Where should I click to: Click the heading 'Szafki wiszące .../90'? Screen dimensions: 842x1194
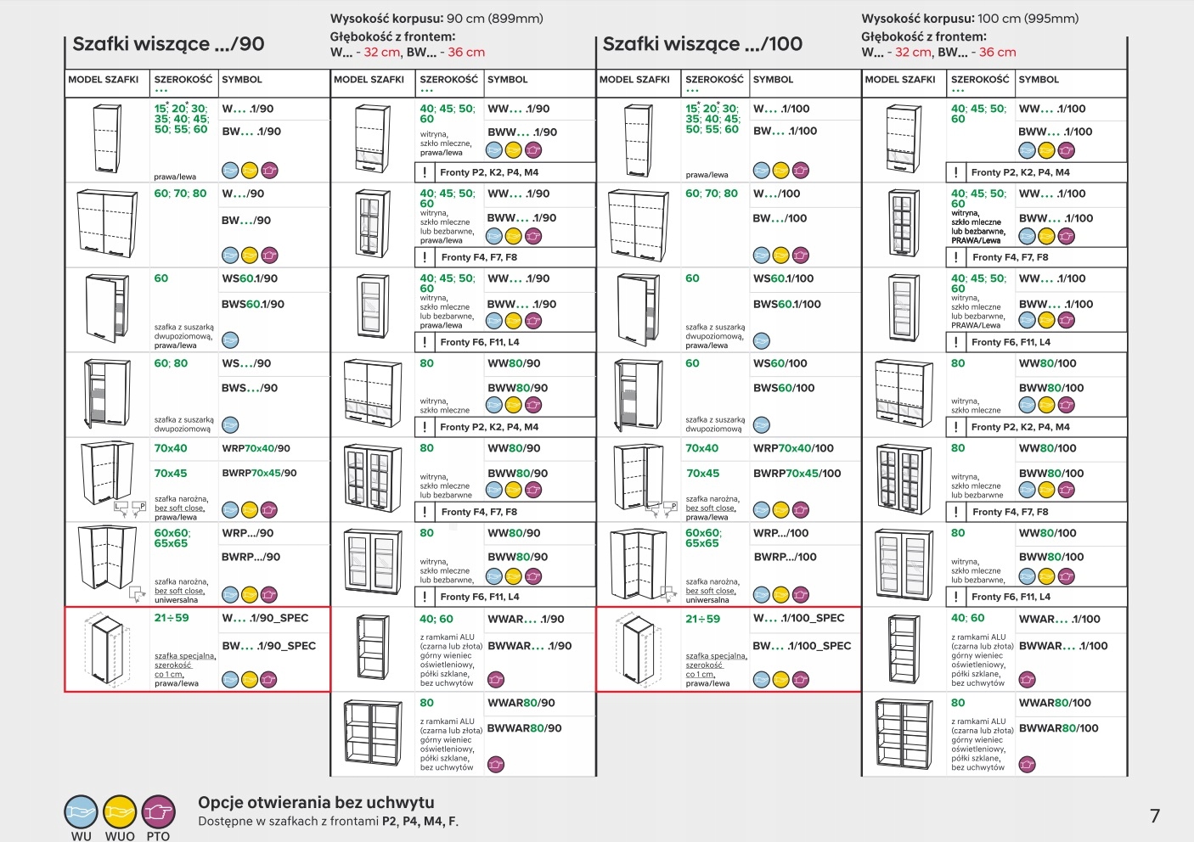pos(168,44)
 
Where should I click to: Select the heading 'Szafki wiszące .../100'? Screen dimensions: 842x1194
pos(702,44)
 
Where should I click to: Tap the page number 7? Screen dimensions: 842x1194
pos(1155,816)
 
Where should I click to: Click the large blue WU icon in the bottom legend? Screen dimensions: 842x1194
pos(82,812)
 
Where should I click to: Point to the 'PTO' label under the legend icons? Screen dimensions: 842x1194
pos(158,836)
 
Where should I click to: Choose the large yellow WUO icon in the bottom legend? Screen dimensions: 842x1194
pos(120,812)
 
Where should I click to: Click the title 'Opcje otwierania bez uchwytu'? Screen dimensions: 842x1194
pos(316,802)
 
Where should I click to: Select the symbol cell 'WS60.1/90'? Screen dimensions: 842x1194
pos(250,278)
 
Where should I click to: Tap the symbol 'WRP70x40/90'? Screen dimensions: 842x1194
pos(256,448)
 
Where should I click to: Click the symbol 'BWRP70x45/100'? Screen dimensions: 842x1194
pos(797,474)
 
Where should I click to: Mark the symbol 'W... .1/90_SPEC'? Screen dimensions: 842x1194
pos(265,618)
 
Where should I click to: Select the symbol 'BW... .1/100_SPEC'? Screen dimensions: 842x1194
pos(802,646)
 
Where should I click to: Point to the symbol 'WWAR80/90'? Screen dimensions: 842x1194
pos(521,703)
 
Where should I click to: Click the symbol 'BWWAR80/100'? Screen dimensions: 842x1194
pos(1058,728)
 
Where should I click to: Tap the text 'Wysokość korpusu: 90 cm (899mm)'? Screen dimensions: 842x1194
pos(436,19)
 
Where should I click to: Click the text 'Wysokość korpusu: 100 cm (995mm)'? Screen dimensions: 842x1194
pos(970,19)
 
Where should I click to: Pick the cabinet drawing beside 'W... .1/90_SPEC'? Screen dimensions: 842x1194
pos(106,649)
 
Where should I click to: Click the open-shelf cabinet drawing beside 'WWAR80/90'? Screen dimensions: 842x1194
pos(373,734)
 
